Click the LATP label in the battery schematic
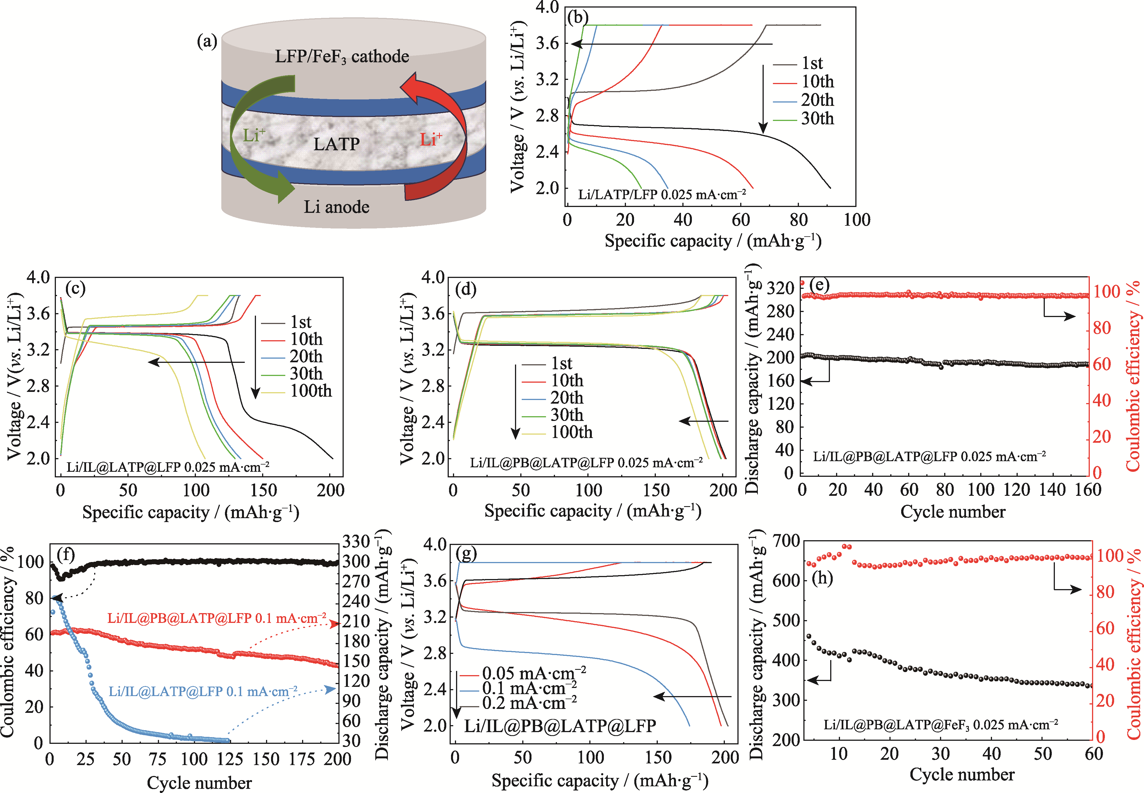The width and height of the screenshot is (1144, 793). [x=336, y=144]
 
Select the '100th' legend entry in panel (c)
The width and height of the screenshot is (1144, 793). [x=311, y=391]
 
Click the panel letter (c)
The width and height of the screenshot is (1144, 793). [x=75, y=289]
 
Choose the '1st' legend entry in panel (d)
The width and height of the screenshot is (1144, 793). [x=562, y=363]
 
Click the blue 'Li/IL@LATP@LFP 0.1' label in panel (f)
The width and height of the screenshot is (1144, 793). [x=203, y=692]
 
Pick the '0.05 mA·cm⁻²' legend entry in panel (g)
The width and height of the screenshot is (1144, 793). [x=533, y=673]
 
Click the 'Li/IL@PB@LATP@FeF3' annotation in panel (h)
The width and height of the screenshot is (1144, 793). [x=941, y=725]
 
